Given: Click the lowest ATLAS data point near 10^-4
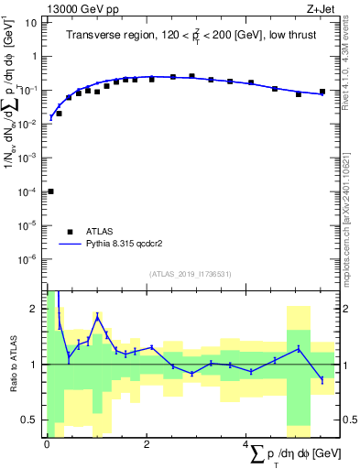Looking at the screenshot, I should tap(50, 191).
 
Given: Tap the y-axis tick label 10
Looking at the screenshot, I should tap(31, 22).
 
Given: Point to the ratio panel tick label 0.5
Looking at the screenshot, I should tap(30, 420).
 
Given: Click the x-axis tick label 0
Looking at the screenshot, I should tap(47, 443).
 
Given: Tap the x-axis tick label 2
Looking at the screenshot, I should tap(147, 443).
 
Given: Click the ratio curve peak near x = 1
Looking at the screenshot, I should tap(97, 316).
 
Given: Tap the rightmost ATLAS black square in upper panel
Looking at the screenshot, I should tap(322, 92).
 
